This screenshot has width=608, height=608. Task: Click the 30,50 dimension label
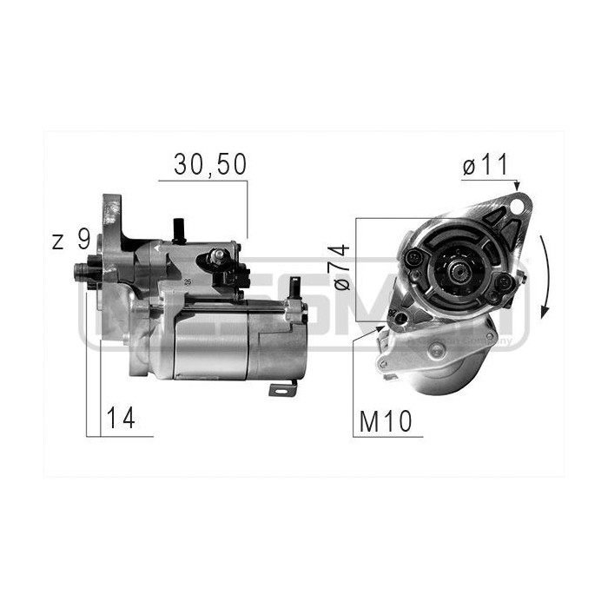209,164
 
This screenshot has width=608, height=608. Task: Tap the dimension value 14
120,419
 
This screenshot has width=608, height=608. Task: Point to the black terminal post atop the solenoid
181,230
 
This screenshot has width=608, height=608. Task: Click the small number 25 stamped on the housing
187,282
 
